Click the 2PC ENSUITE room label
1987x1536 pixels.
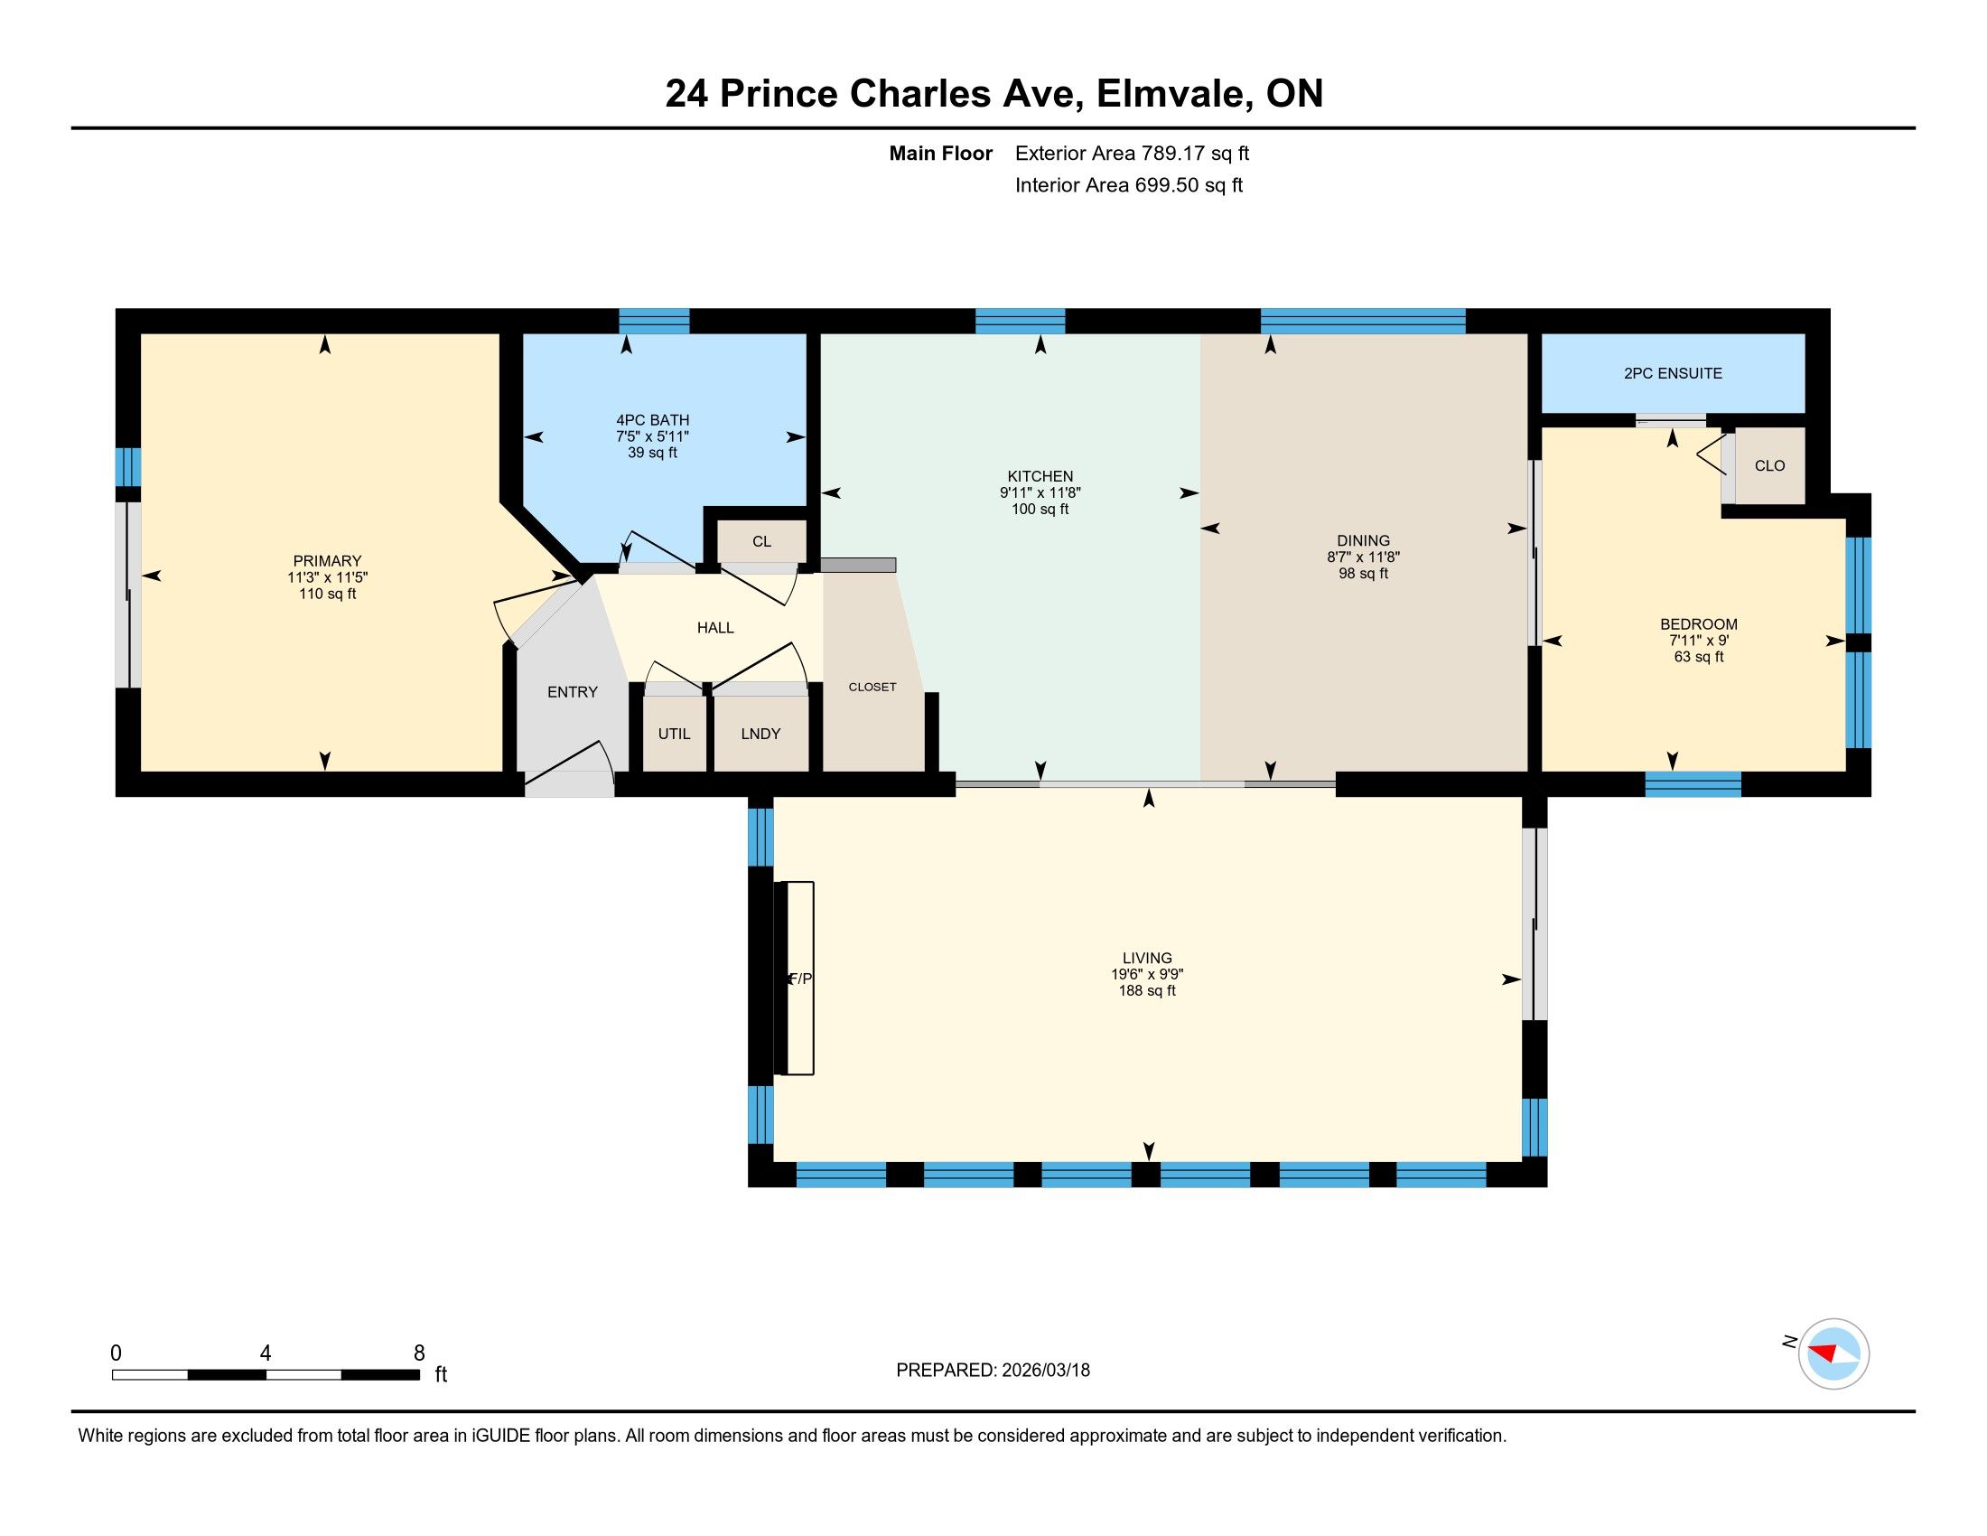click(x=1672, y=373)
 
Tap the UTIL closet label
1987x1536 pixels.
click(x=674, y=734)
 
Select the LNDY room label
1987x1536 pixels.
click(x=760, y=734)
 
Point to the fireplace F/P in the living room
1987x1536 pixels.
click(x=793, y=979)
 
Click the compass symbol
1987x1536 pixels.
click(x=1833, y=1353)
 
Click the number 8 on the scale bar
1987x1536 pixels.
click(x=419, y=1353)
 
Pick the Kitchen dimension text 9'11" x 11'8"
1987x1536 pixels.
click(x=1040, y=493)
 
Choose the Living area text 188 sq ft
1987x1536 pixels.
click(x=1147, y=990)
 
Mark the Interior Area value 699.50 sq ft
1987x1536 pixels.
click(x=1189, y=185)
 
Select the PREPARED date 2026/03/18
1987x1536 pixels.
click(x=1044, y=1370)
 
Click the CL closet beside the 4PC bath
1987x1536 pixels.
click(x=761, y=541)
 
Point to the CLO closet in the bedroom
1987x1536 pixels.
click(x=1769, y=466)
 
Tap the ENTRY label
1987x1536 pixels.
click(x=573, y=692)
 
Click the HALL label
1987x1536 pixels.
click(x=715, y=628)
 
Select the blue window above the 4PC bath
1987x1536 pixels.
click(x=654, y=322)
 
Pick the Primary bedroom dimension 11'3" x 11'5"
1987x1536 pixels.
click(x=328, y=578)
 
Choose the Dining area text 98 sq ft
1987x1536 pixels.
click(x=1363, y=573)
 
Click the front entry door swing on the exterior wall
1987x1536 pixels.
click(x=570, y=772)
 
